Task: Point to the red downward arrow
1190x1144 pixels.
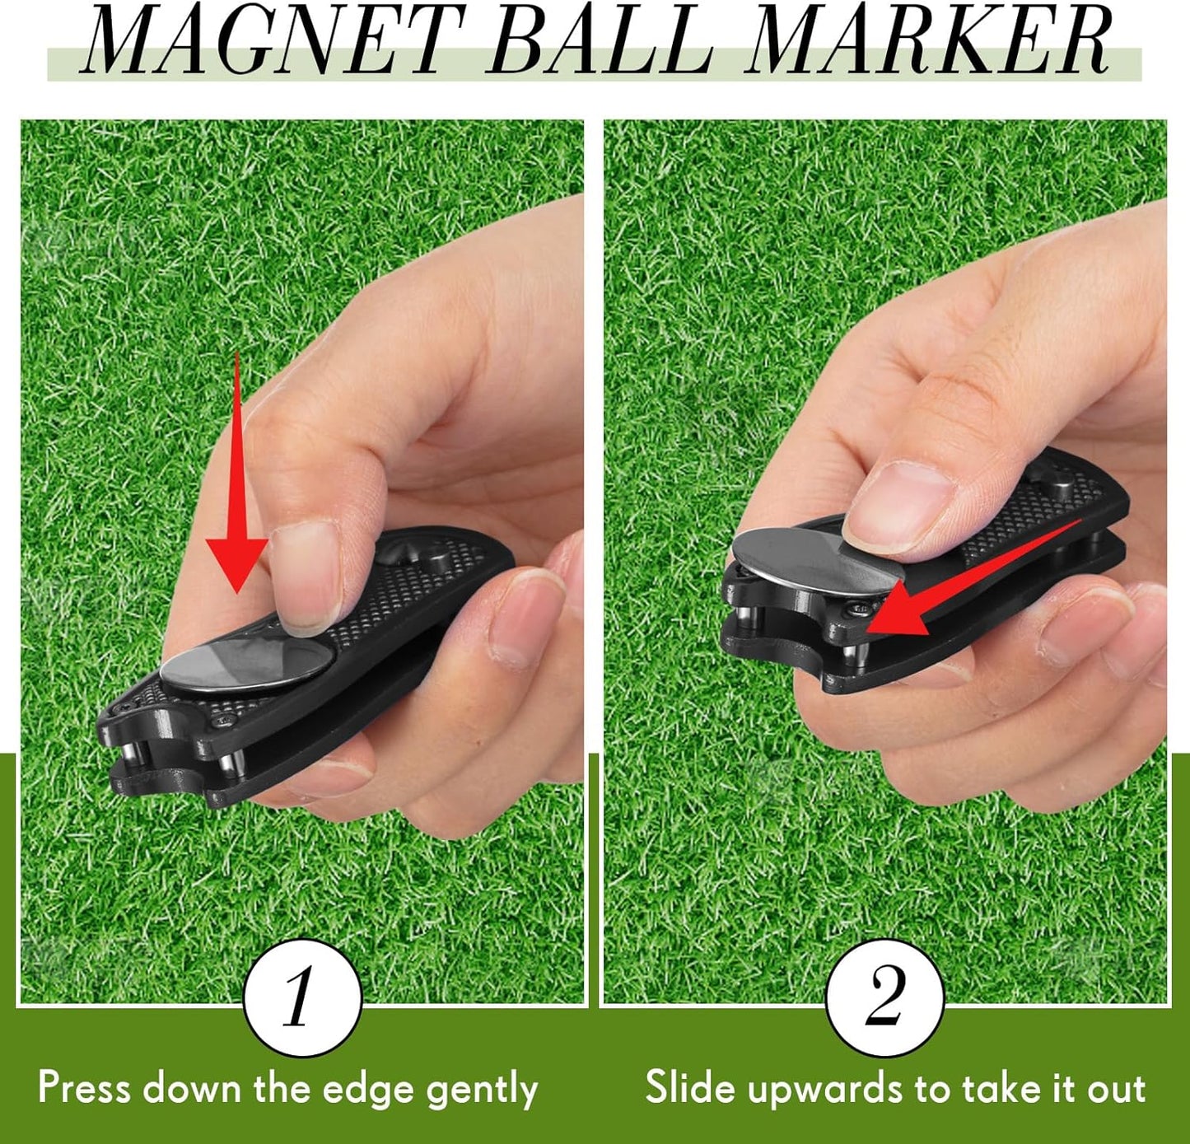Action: click(236, 472)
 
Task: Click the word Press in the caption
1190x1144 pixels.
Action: click(85, 1087)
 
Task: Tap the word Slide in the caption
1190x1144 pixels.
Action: click(690, 1087)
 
